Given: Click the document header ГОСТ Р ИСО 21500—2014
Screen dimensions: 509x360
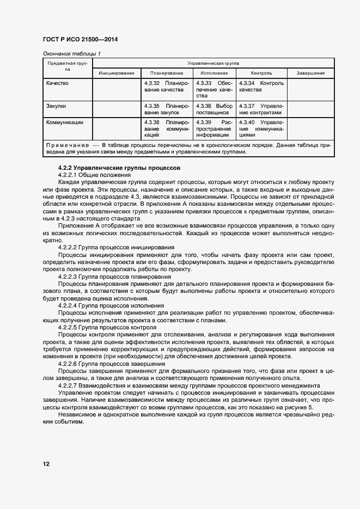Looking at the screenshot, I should pyautogui.click(x=80, y=40).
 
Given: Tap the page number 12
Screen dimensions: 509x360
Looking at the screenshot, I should pyautogui.click(x=46, y=464).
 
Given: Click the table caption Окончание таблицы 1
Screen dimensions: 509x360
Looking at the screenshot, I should pyautogui.click(x=71, y=53).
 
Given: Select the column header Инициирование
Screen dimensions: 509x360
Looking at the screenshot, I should pyautogui.click(x=117, y=73).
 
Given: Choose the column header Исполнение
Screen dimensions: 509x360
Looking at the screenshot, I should pyautogui.click(x=214, y=73).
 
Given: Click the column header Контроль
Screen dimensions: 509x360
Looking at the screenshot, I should pyautogui.click(x=261, y=73).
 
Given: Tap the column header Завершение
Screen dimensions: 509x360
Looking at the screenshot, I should pyautogui.click(x=310, y=73).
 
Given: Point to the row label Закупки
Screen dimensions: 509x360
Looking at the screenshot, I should pyautogui.click(x=56, y=106).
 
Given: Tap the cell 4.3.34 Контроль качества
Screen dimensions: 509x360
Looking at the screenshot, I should pyautogui.click(x=261, y=87).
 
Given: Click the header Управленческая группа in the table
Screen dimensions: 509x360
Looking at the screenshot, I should pyautogui.click(x=213, y=63).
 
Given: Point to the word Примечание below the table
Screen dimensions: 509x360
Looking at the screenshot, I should pyautogui.click(x=67, y=146).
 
